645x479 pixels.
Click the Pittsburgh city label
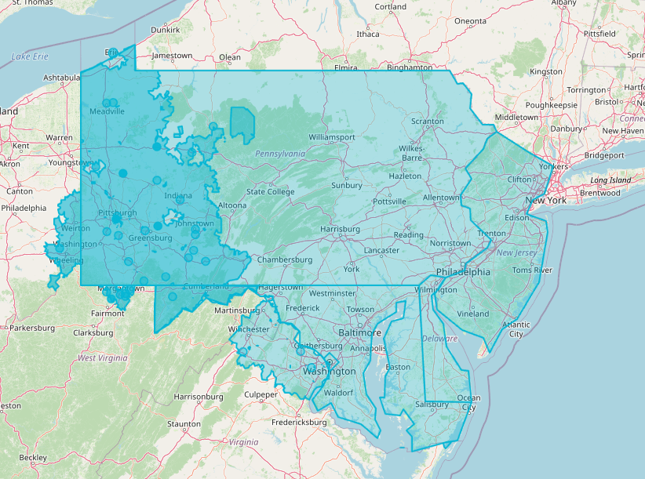[x=118, y=212]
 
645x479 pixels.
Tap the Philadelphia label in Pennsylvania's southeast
[x=463, y=272]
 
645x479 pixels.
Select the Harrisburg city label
[x=340, y=229]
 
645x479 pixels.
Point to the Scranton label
[x=428, y=122]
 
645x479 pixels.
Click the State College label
[x=270, y=191]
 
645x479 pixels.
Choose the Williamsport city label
[x=331, y=136]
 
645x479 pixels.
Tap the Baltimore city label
[x=360, y=332]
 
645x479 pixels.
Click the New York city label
[x=545, y=200]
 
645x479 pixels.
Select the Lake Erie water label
[x=31, y=56]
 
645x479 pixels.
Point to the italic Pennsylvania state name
[x=279, y=154]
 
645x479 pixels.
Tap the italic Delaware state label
[x=439, y=339]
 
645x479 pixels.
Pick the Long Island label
[x=610, y=180]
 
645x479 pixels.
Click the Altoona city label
[x=231, y=205]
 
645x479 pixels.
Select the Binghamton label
[x=404, y=68]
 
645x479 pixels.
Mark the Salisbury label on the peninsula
[x=432, y=405]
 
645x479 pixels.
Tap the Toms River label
[x=532, y=270]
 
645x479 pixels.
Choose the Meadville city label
[x=107, y=111]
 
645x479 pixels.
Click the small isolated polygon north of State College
[x=242, y=122]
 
